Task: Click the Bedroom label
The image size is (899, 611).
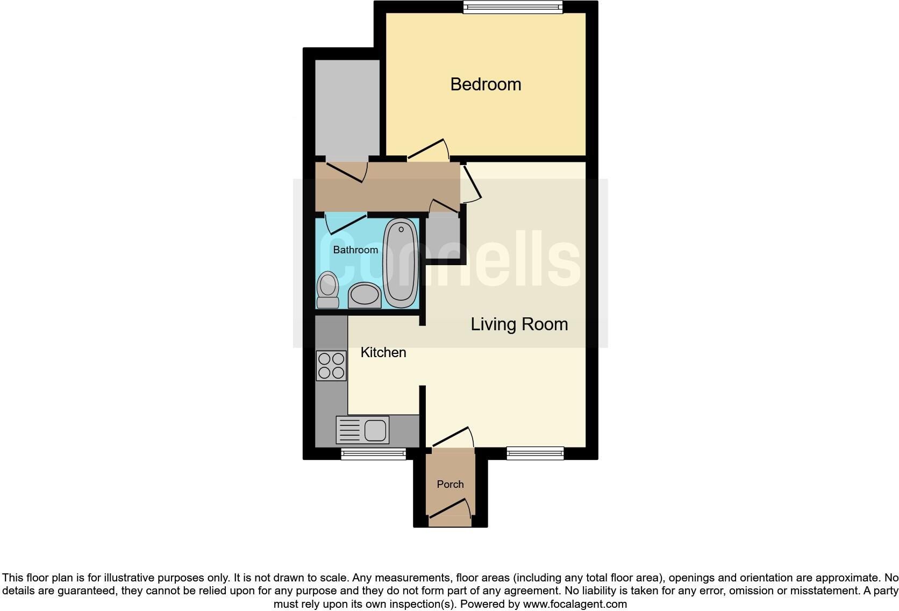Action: pos(486,84)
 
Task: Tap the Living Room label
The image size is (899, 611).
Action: pos(519,324)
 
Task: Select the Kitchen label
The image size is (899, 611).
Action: pos(383,352)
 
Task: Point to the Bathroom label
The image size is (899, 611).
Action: pos(355,250)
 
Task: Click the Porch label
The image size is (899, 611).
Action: pos(450,484)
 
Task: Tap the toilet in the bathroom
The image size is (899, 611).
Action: pos(327,290)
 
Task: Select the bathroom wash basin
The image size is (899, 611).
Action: pos(365,296)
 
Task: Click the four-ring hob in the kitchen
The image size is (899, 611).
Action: pos(331,366)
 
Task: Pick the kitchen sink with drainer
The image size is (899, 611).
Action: pos(362,430)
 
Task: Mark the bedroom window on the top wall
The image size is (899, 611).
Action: pos(512,7)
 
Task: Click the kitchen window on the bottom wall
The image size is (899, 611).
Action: pos(373,454)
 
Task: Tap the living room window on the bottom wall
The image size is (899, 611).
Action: pos(535,453)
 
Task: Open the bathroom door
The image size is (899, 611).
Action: pos(346,224)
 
